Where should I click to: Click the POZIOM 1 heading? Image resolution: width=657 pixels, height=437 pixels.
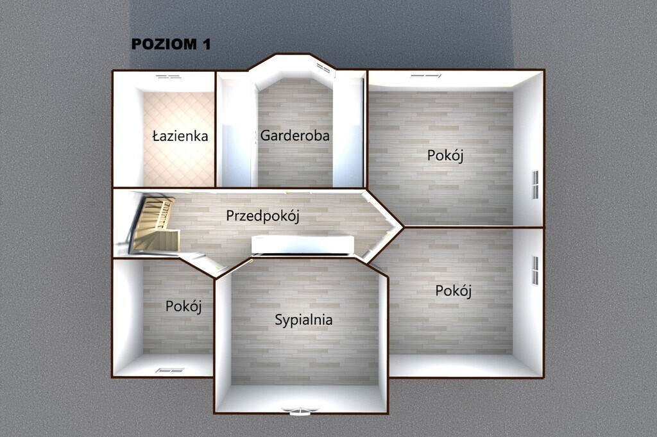click(x=171, y=44)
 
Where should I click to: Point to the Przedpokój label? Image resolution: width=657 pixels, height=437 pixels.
click(x=263, y=216)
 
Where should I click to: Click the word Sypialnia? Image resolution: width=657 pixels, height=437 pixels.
click(x=303, y=320)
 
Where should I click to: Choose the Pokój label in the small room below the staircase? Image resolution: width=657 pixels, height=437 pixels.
click(x=183, y=306)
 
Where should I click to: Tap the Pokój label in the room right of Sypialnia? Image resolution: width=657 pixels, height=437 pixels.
click(x=454, y=291)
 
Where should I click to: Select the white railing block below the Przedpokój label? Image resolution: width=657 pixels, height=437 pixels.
click(x=303, y=244)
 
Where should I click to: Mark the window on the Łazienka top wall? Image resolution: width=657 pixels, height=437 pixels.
click(x=168, y=76)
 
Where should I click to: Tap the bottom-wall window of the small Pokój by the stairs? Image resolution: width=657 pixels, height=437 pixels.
click(x=170, y=370)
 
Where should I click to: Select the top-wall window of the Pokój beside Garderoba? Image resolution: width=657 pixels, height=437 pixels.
click(x=426, y=76)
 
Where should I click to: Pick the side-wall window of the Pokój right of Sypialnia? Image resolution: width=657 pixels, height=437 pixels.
click(x=534, y=270)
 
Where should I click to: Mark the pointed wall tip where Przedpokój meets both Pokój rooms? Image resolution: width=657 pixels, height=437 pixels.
click(x=402, y=226)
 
